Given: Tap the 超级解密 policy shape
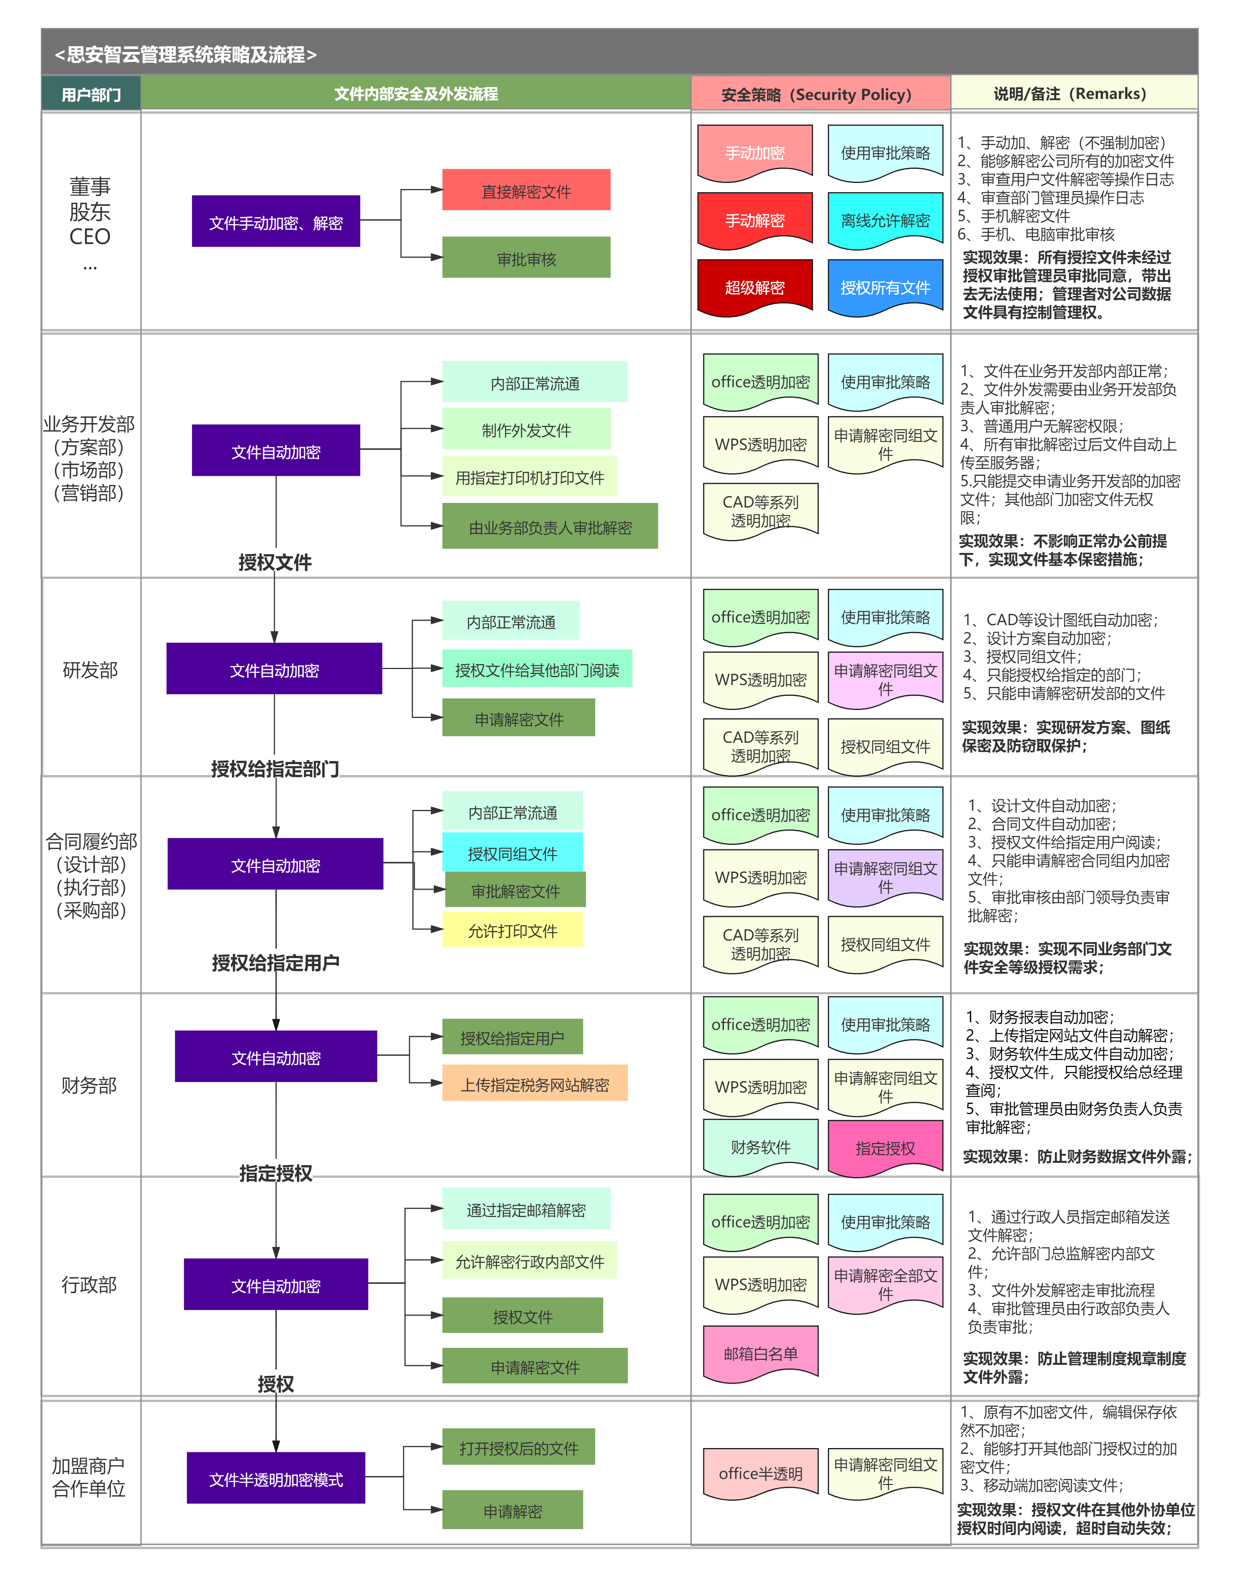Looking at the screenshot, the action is click(x=755, y=287).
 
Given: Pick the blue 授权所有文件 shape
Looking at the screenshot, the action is click(x=886, y=287).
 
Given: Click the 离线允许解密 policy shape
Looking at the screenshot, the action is click(x=886, y=220).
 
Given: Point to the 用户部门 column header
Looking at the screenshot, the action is click(x=91, y=94).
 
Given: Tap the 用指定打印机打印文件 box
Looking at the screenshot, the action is click(x=530, y=477).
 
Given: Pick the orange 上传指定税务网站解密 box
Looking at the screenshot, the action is click(x=535, y=1083).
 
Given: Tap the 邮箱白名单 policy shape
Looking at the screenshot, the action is click(x=760, y=1353).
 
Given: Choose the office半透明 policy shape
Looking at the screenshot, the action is click(x=760, y=1473).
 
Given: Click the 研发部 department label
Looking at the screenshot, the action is click(x=90, y=669).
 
